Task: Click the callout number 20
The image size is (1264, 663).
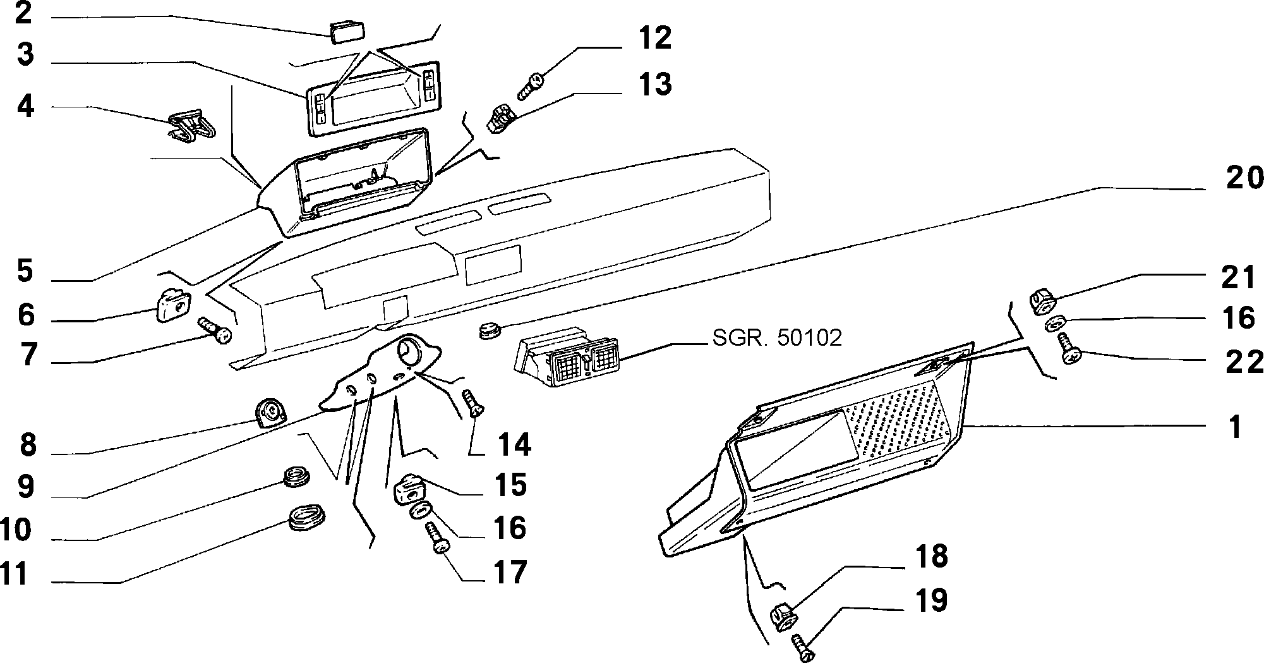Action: (1244, 178)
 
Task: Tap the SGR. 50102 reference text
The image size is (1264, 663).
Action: (777, 338)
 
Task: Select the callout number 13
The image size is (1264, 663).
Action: (654, 84)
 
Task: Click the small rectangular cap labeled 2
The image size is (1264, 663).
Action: (344, 31)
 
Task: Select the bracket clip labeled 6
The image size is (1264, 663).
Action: (172, 305)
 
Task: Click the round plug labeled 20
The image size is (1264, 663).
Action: (488, 329)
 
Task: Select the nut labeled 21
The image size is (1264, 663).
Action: (1042, 300)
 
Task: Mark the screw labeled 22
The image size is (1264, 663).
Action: (1068, 348)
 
